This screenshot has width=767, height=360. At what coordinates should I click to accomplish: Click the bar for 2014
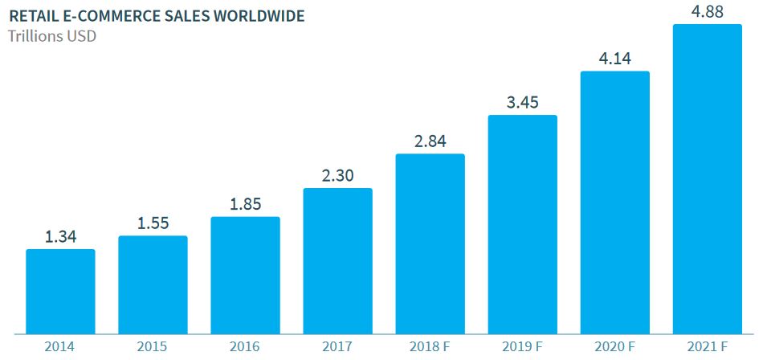[x=61, y=292]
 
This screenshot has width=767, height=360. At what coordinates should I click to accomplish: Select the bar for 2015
[x=153, y=284]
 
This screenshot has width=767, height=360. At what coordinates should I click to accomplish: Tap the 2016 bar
[x=246, y=276]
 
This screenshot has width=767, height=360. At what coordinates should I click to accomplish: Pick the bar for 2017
[x=338, y=261]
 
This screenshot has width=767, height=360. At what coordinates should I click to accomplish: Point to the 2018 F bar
[x=430, y=244]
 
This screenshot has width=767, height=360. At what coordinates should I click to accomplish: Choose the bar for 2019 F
[x=523, y=224]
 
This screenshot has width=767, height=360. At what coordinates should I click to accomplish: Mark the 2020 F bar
[x=615, y=202]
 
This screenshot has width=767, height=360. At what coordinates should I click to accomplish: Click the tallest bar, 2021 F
[x=708, y=179]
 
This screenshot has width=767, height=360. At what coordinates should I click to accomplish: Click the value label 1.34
[x=61, y=237]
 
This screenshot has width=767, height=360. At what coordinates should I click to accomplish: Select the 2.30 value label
[x=338, y=176]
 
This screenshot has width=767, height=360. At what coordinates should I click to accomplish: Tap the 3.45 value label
[x=523, y=103]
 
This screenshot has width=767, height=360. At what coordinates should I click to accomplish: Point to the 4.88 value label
[x=708, y=12]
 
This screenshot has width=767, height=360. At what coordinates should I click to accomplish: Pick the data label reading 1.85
[x=246, y=204]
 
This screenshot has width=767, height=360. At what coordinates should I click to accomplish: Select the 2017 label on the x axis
[x=337, y=347]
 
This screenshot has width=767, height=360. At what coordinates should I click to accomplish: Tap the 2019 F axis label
[x=522, y=347]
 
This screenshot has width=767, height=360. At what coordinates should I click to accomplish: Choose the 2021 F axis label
[x=708, y=347]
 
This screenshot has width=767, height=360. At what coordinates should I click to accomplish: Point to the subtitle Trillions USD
[x=52, y=37]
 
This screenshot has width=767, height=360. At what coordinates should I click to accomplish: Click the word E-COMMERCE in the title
[x=120, y=16]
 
